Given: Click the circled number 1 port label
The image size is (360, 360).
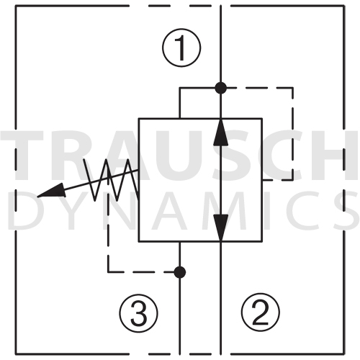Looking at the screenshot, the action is point(181,48).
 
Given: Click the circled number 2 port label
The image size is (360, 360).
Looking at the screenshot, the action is point(261,312).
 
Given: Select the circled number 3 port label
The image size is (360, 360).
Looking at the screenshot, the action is point(139,313).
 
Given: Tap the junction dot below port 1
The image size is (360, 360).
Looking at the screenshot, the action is point(221,88).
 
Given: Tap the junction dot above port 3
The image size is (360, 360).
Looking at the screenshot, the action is point(180,272).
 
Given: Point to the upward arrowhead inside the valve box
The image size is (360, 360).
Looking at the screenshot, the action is point(221,132).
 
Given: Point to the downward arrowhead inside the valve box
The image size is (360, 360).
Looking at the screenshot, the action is point(221,228).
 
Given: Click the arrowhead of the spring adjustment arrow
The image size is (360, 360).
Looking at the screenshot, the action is point(52,191).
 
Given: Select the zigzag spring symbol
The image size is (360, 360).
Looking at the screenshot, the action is point(110,180).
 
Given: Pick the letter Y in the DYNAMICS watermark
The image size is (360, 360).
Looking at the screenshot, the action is point(71,210).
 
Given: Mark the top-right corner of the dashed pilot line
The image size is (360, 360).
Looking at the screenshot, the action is point(292,88).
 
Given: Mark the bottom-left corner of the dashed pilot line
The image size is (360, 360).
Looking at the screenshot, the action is point(108,272).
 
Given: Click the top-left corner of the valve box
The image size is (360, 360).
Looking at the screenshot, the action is point(139,119).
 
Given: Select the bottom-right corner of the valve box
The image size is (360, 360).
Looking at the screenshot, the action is point(262,241).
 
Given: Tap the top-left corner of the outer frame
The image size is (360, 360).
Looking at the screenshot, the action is point(16,6).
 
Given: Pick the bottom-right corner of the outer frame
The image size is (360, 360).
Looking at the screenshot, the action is point(344,354).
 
